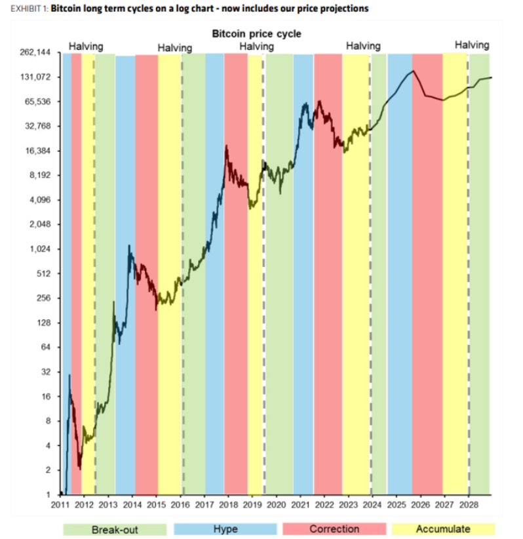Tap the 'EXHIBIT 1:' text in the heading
pos(25,9)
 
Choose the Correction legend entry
pos(334,529)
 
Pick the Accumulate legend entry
pos(444,529)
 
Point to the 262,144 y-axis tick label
pos(35,52)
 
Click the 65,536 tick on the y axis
pos(39,102)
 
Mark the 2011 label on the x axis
pos(60,506)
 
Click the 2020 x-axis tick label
pos(276,506)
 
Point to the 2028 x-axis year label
pos(468,506)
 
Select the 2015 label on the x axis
pos(156,506)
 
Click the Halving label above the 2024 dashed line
pos(363,46)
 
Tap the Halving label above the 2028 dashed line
pos(472,45)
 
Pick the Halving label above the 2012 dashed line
pos(86,47)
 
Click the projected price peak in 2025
pos(413,71)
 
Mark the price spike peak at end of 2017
pos(226,146)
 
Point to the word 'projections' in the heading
pos(345,9)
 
